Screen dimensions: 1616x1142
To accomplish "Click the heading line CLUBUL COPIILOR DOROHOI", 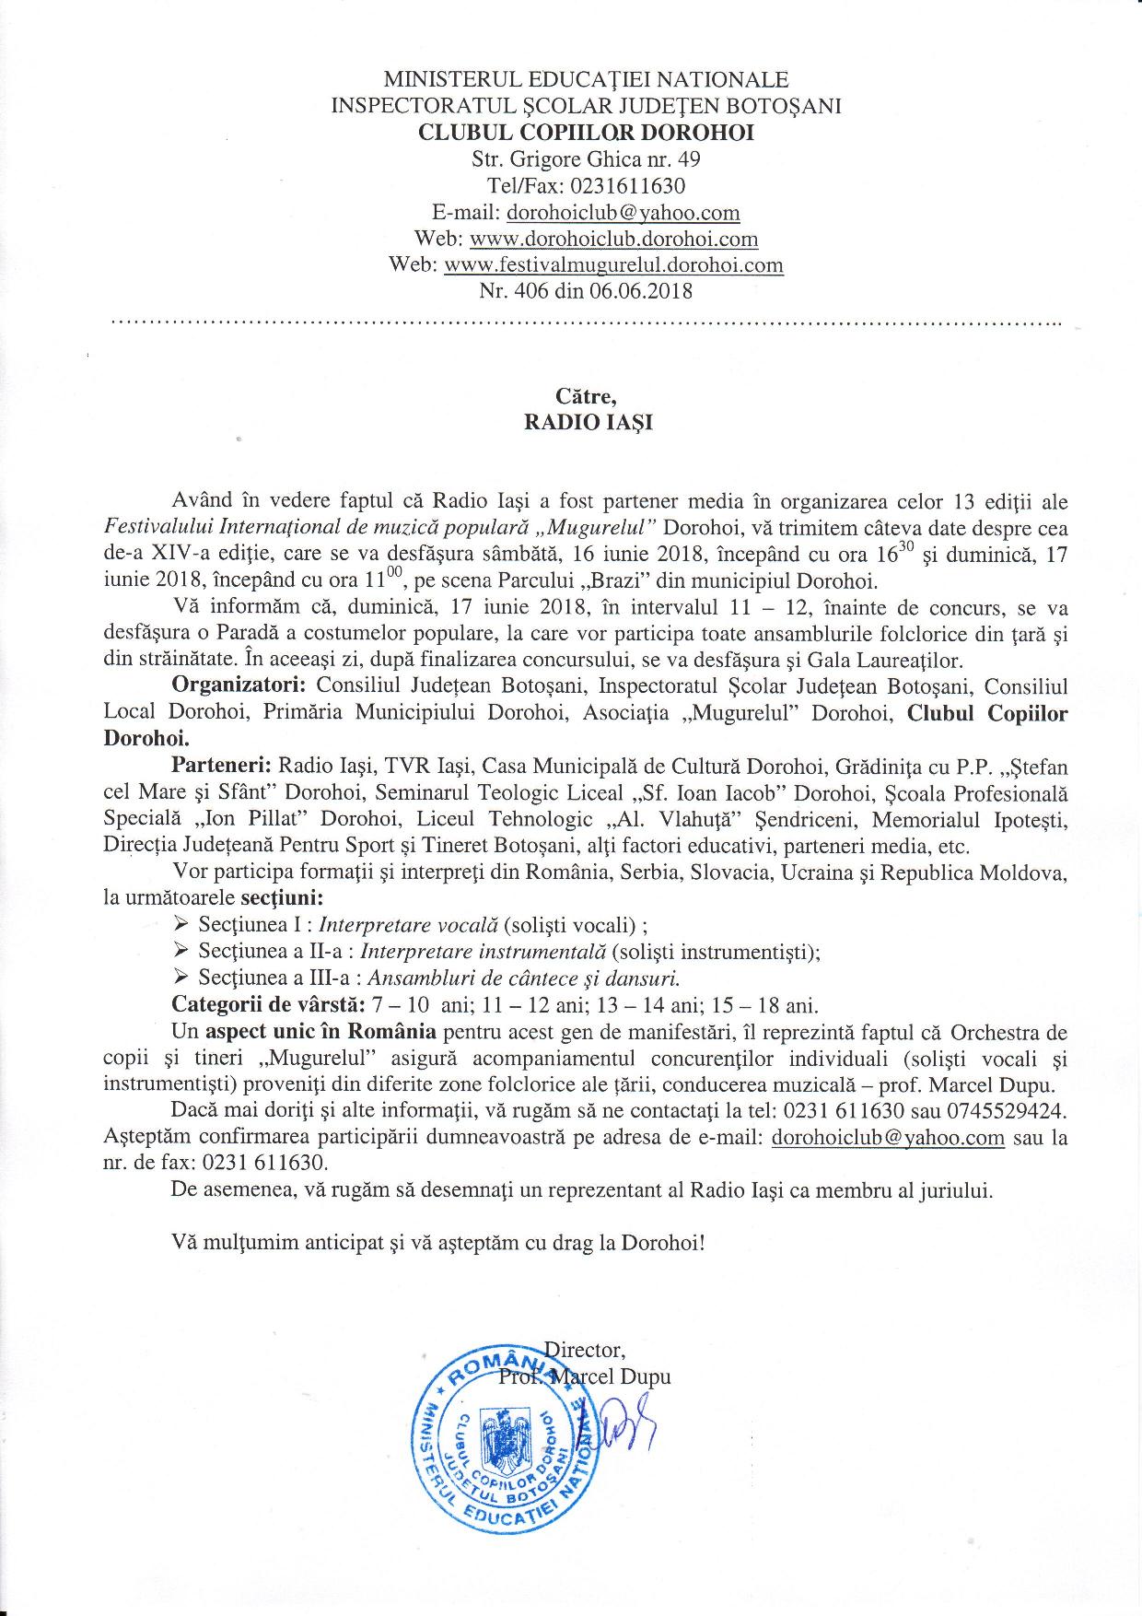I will tap(586, 133).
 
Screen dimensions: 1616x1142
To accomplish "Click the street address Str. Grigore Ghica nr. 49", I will tap(586, 159).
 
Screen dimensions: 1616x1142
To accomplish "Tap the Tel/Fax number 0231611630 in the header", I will tap(626, 186).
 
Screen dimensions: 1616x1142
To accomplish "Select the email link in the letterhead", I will tap(623, 213).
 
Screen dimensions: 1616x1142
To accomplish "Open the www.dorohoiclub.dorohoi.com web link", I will tap(613, 240).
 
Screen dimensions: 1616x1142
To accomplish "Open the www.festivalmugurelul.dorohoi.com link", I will tap(613, 266).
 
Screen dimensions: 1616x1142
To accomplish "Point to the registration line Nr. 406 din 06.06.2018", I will tap(586, 292).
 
